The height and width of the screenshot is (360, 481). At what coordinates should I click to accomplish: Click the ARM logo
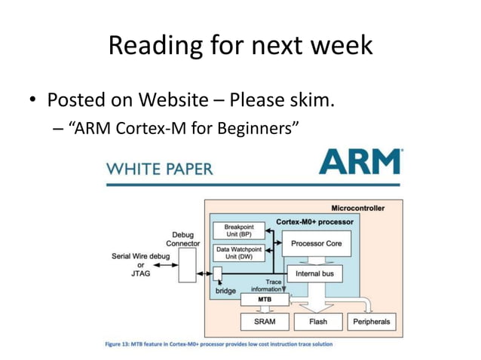(x=360, y=163)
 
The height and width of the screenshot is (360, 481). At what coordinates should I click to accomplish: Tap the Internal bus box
(x=314, y=273)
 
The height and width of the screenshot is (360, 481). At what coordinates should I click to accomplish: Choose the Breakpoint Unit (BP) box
(x=239, y=230)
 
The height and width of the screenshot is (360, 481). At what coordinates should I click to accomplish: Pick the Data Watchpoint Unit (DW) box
(x=239, y=252)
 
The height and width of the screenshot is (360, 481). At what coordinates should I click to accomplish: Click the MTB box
(x=264, y=299)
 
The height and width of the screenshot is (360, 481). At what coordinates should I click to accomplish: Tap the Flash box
(x=317, y=322)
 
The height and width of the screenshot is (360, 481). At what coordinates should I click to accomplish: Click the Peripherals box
(x=372, y=322)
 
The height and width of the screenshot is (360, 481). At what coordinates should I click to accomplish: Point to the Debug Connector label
(x=182, y=239)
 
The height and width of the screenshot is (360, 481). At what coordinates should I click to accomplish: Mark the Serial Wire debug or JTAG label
(x=140, y=264)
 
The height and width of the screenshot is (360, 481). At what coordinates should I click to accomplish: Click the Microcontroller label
(x=358, y=208)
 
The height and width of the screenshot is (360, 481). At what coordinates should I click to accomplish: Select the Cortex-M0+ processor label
(x=314, y=221)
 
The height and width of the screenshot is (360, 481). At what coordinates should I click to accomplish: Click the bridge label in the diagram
(x=225, y=290)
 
